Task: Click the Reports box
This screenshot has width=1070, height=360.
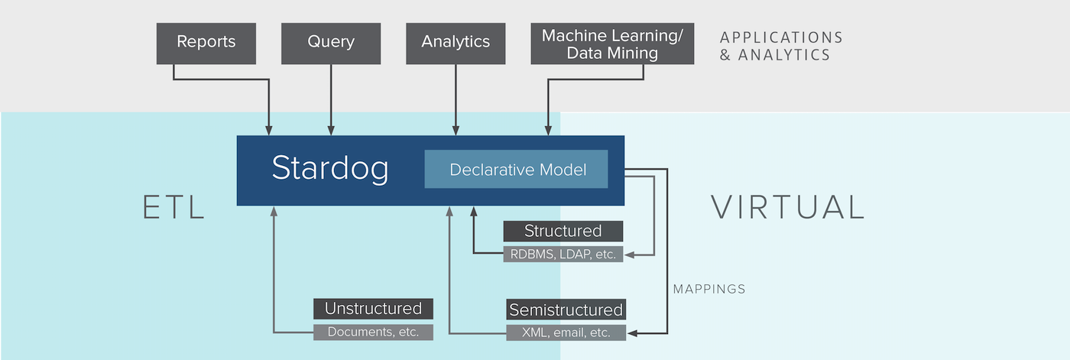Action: pyautogui.click(x=206, y=44)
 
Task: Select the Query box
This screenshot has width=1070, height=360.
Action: pyautogui.click(x=331, y=44)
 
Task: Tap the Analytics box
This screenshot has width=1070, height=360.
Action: pyautogui.click(x=456, y=44)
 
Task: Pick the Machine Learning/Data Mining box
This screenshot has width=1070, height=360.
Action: pyautogui.click(x=612, y=44)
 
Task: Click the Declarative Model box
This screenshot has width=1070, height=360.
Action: pyautogui.click(x=517, y=169)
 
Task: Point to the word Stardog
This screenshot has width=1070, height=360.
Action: pyautogui.click(x=330, y=169)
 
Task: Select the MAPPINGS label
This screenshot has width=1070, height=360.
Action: pyautogui.click(x=709, y=290)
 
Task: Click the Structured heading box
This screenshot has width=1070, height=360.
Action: pyautogui.click(x=563, y=231)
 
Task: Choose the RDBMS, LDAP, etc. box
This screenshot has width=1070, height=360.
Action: pyautogui.click(x=563, y=254)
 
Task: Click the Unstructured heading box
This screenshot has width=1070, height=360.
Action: pyautogui.click(x=373, y=309)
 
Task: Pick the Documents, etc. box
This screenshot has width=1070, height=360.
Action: pyautogui.click(x=373, y=332)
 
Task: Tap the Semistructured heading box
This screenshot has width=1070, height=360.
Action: pyautogui.click(x=566, y=310)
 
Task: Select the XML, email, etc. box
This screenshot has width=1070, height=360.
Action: pyautogui.click(x=566, y=332)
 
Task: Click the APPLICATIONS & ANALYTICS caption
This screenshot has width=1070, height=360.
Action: pyautogui.click(x=781, y=47)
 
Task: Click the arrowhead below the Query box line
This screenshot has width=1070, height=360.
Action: pyautogui.click(x=331, y=131)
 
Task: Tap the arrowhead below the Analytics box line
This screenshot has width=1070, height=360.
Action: pyautogui.click(x=456, y=131)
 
